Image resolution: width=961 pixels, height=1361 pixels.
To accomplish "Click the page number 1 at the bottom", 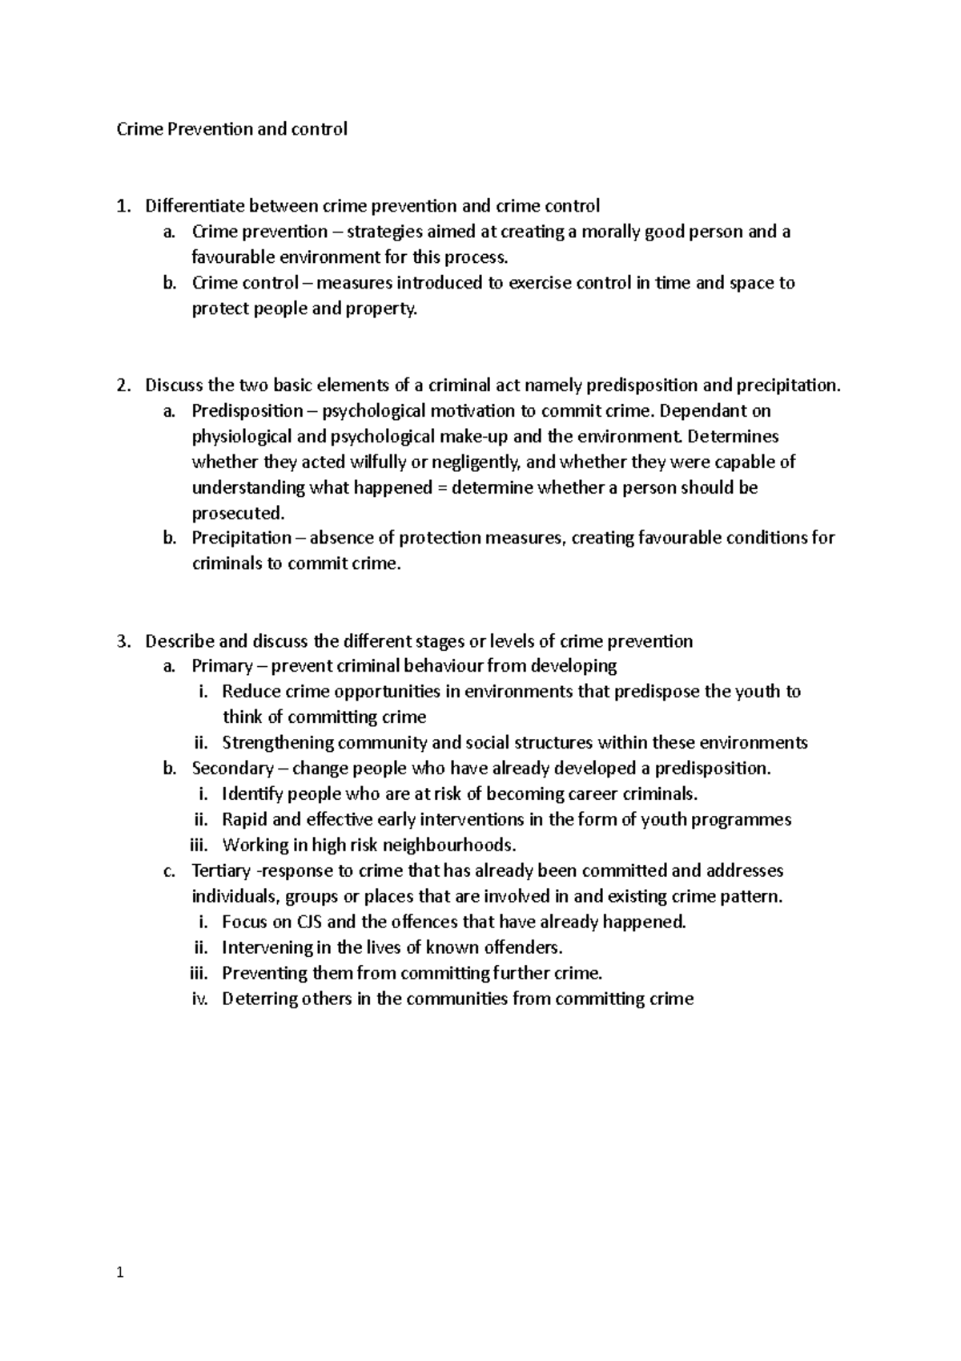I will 119,1272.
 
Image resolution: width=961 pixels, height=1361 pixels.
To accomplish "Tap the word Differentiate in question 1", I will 195,206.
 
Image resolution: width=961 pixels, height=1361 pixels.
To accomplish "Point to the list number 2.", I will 122,386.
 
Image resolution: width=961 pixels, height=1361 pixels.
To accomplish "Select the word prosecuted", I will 237,514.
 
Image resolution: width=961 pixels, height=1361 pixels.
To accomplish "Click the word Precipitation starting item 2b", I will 242,538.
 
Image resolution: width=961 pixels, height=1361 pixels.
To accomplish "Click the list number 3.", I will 122,641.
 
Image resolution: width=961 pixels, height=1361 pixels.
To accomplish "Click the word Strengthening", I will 277,743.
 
